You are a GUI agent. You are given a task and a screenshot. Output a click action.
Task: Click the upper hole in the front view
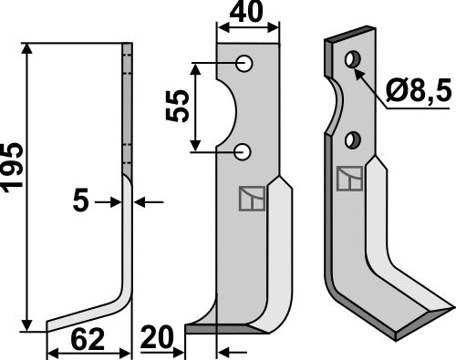tap(244, 63)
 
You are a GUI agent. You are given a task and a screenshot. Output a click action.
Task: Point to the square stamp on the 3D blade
tap(348, 179)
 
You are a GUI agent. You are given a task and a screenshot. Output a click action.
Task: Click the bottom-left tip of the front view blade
tap(188, 327)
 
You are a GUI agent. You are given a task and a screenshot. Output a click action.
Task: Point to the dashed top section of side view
tap(128, 73)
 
